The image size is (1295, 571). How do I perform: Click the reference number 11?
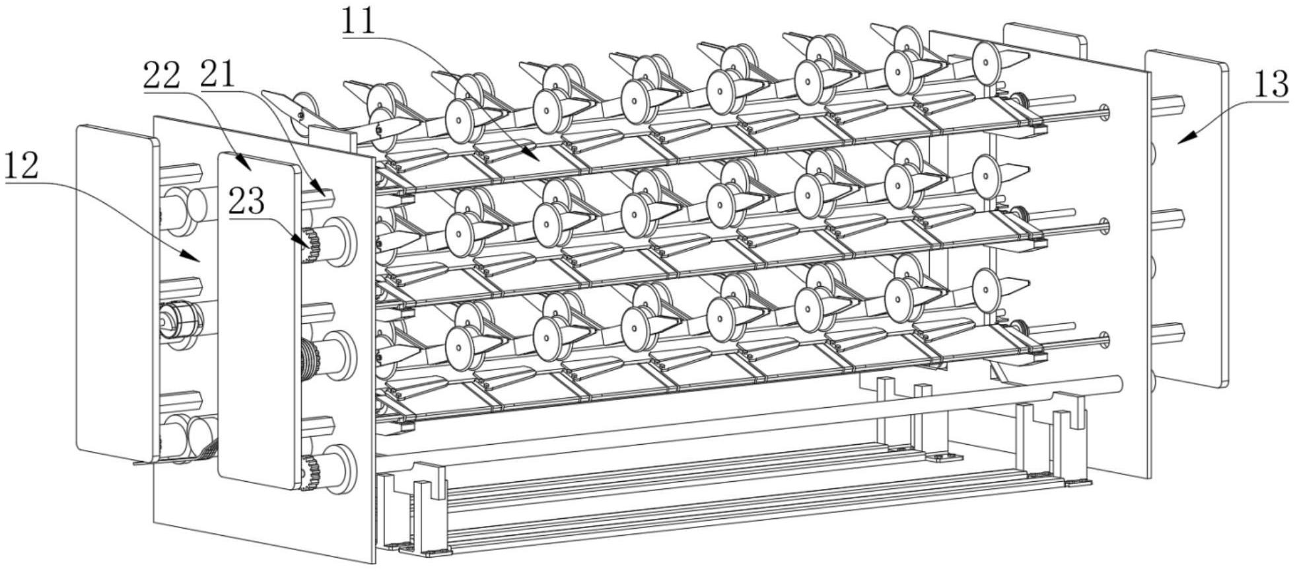pos(359,22)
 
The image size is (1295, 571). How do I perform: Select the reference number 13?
pos(1271,84)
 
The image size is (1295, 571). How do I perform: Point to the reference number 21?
pos(217,75)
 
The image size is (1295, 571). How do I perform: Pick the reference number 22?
pos(161,77)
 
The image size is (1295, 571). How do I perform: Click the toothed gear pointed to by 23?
pos(311,245)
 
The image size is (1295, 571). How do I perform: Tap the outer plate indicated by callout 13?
pos(1185,218)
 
